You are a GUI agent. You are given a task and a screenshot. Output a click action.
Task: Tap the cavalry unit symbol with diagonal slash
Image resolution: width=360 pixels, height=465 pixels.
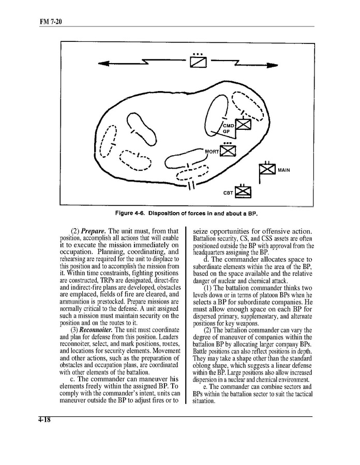[198, 62]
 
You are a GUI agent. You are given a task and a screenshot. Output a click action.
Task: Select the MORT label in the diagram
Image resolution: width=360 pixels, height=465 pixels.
[212, 151]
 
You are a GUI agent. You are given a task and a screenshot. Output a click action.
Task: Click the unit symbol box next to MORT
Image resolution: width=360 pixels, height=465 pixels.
[228, 151]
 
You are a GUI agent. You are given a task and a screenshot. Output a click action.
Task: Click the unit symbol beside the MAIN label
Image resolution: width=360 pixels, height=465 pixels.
[266, 171]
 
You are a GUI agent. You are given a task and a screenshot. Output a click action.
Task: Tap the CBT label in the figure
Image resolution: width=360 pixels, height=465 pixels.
[228, 193]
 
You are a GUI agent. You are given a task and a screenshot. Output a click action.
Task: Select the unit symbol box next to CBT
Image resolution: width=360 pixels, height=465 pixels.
[243, 192]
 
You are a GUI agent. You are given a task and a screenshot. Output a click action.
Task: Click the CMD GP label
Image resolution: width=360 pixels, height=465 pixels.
[228, 128]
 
